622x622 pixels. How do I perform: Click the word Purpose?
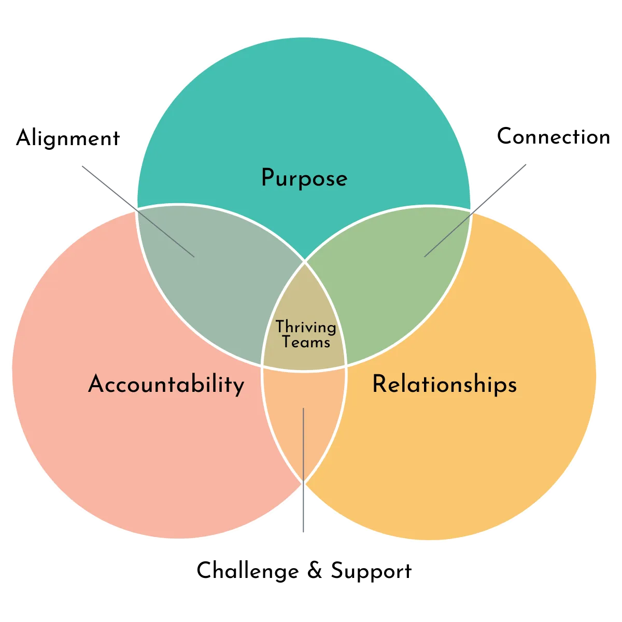click(304, 179)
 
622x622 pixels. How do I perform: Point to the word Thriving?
click(305, 328)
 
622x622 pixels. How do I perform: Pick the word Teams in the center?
click(306, 342)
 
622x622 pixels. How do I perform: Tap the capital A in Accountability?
click(96, 384)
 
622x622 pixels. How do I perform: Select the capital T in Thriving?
click(280, 327)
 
